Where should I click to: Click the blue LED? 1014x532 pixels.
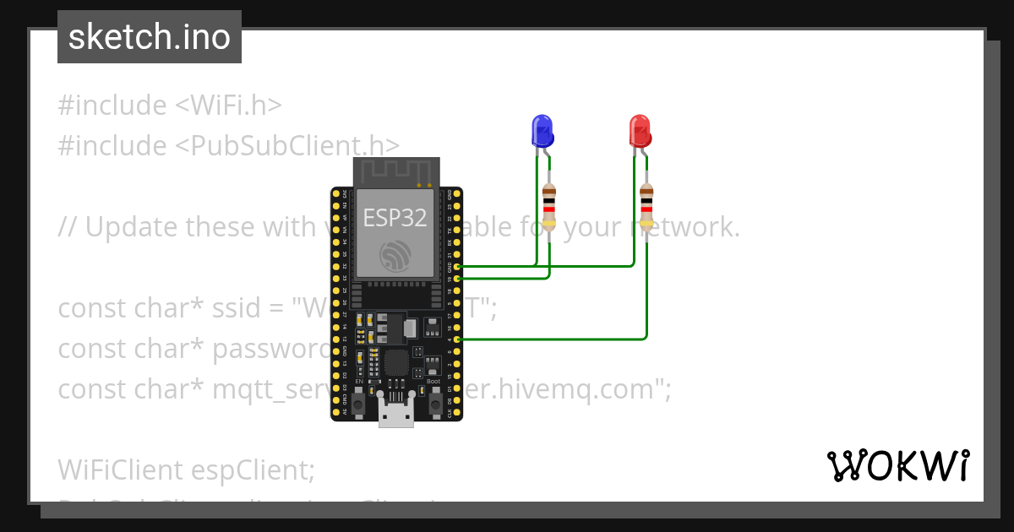tap(542, 130)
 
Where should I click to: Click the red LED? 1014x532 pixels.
tap(640, 131)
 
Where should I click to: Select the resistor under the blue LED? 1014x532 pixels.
tap(549, 206)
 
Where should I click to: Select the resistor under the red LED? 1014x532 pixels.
tap(646, 206)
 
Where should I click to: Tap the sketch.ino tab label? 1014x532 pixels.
tap(149, 37)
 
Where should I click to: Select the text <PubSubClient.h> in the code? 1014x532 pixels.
tap(288, 145)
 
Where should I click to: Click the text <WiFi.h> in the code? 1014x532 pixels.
tap(228, 106)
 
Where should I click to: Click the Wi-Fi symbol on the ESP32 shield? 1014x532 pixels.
tap(395, 253)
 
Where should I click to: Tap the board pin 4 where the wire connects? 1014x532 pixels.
tap(457, 339)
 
